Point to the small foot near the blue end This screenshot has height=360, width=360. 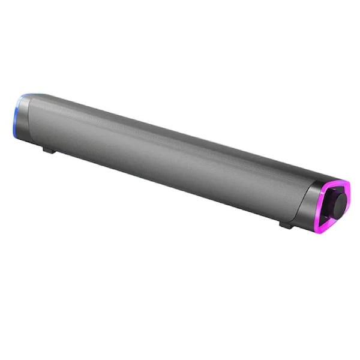pyautogui.click(x=50, y=149)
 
